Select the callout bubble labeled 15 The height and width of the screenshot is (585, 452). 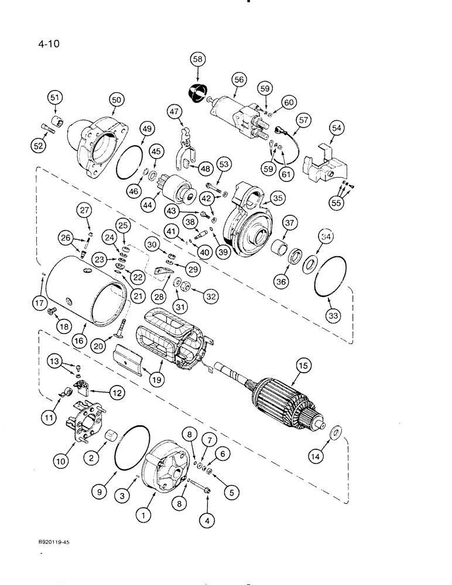303,367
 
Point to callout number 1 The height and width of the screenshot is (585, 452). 141,515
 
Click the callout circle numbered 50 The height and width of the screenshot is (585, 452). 117,101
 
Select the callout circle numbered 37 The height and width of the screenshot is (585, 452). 289,223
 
